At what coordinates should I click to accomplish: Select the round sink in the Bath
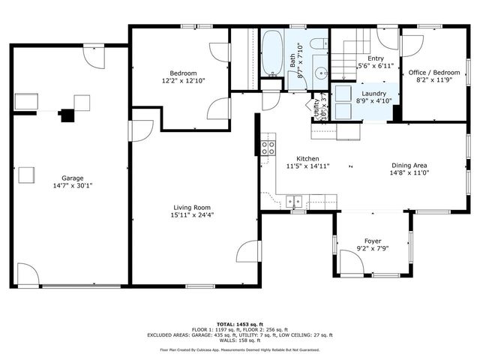[319, 73]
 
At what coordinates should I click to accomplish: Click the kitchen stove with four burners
[266, 148]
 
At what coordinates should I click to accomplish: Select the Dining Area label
[409, 166]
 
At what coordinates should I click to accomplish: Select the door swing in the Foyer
[350, 262]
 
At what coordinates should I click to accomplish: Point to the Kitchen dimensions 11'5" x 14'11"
[307, 166]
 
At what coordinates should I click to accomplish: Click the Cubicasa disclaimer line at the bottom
[239, 349]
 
